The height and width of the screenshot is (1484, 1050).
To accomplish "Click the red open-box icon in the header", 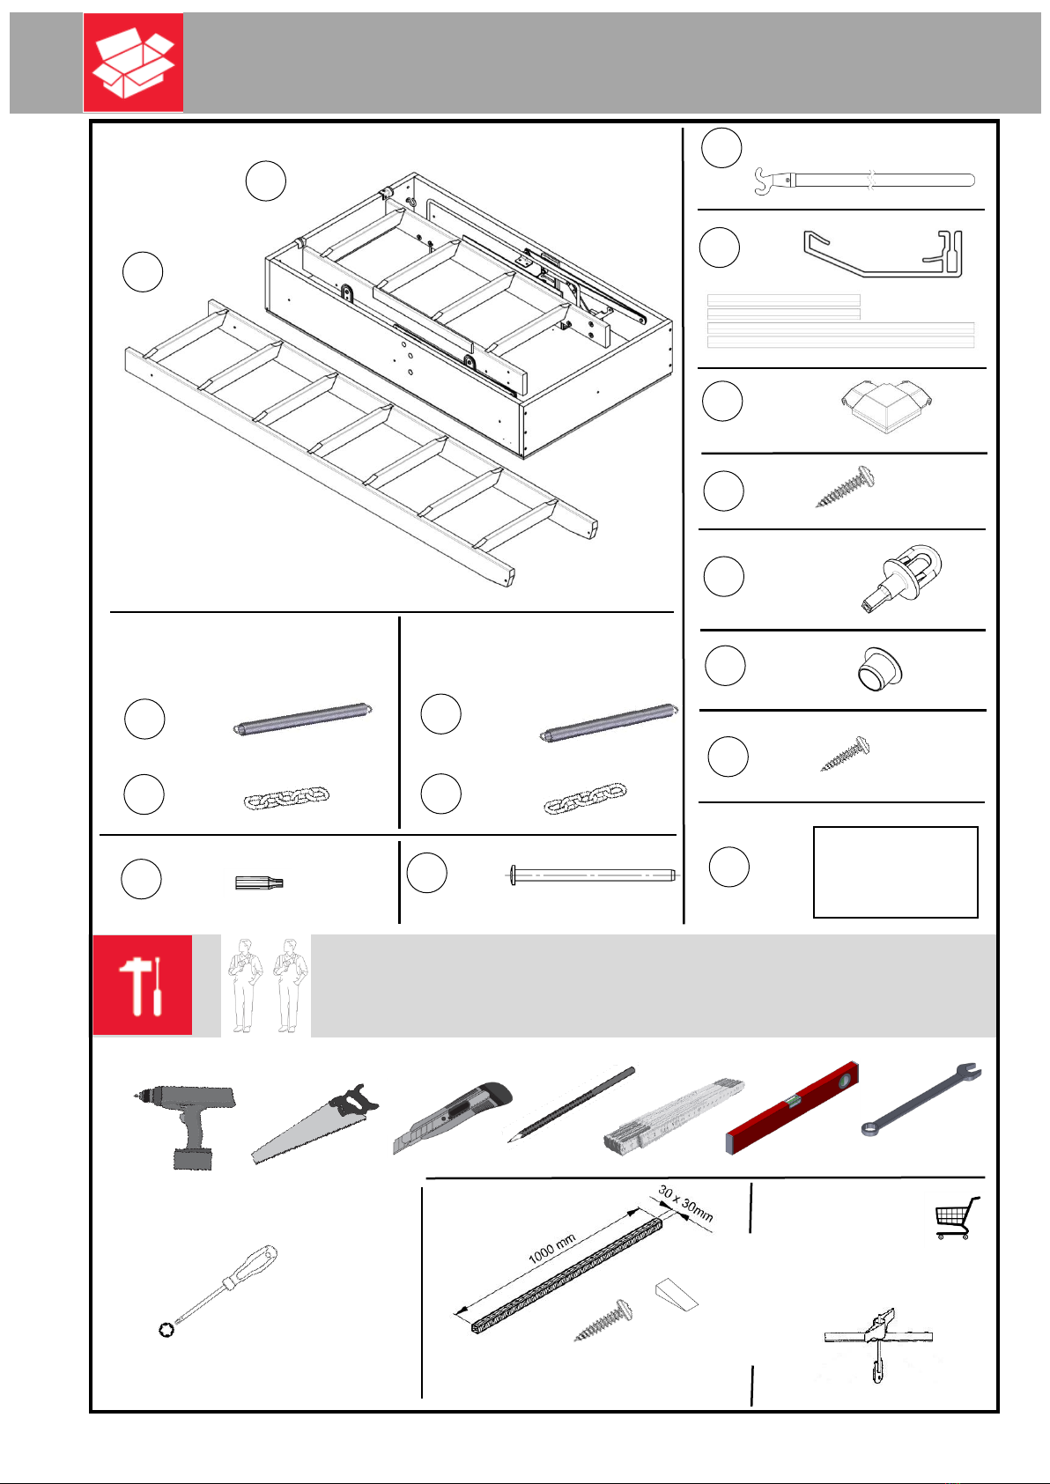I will pyautogui.click(x=133, y=62).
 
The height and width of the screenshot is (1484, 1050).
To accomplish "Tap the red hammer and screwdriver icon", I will pyautogui.click(x=142, y=985).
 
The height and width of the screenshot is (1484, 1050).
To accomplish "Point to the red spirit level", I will pyautogui.click(x=791, y=1107).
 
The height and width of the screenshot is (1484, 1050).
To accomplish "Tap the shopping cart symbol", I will pyautogui.click(x=957, y=1217).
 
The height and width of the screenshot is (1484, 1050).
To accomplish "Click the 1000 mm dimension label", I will pyautogui.click(x=551, y=1249).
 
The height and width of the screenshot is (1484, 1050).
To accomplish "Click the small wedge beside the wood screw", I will pyautogui.click(x=677, y=1294).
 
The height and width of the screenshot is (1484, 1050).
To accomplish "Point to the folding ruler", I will pyautogui.click(x=675, y=1114).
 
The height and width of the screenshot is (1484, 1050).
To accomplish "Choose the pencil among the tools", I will pyautogui.click(x=571, y=1104).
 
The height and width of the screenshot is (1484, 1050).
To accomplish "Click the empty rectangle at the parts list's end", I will pyautogui.click(x=895, y=872).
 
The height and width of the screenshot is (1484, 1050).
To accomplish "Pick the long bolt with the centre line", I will pyautogui.click(x=593, y=875).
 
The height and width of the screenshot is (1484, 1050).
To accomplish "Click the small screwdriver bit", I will pyautogui.click(x=259, y=882).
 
